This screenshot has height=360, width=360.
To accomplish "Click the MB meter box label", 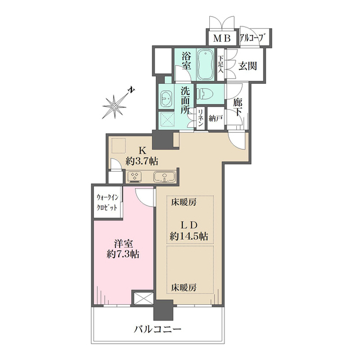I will tap(220, 38).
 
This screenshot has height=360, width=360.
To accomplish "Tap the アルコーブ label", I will tap(252, 38).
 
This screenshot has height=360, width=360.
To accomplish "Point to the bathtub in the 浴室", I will tap(205, 66).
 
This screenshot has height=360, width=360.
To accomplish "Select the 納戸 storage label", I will tap(215, 118).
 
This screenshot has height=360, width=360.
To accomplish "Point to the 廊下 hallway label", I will tap(237, 109).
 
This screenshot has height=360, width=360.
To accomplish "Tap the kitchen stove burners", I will tap(135, 176).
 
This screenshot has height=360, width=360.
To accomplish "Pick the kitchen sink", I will tap(164, 176).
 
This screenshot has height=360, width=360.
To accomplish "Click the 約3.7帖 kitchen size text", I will tap(142, 161).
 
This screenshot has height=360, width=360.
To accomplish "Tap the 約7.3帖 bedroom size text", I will tap(123, 253).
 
